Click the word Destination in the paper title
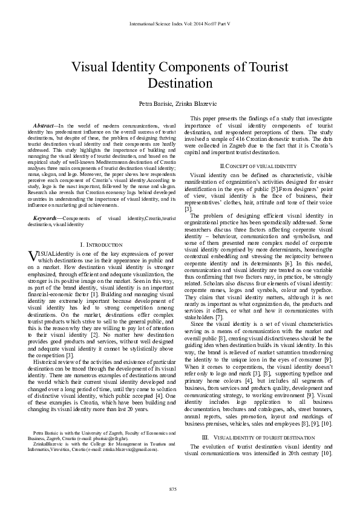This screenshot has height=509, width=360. (180, 82)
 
